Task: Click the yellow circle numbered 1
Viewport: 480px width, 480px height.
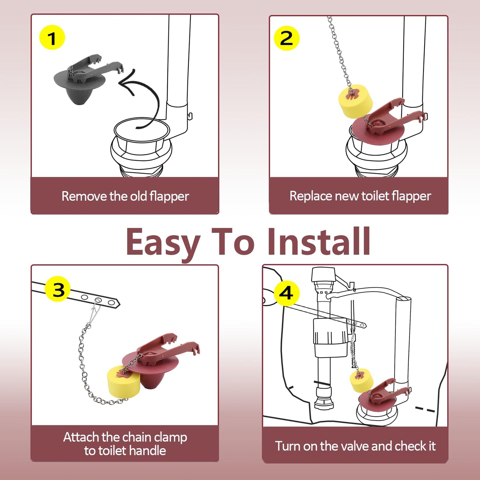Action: (52, 38)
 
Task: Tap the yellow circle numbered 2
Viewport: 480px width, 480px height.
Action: (287, 38)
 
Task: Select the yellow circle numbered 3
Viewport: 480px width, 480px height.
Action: (58, 289)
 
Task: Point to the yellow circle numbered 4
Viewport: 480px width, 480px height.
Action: (286, 293)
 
